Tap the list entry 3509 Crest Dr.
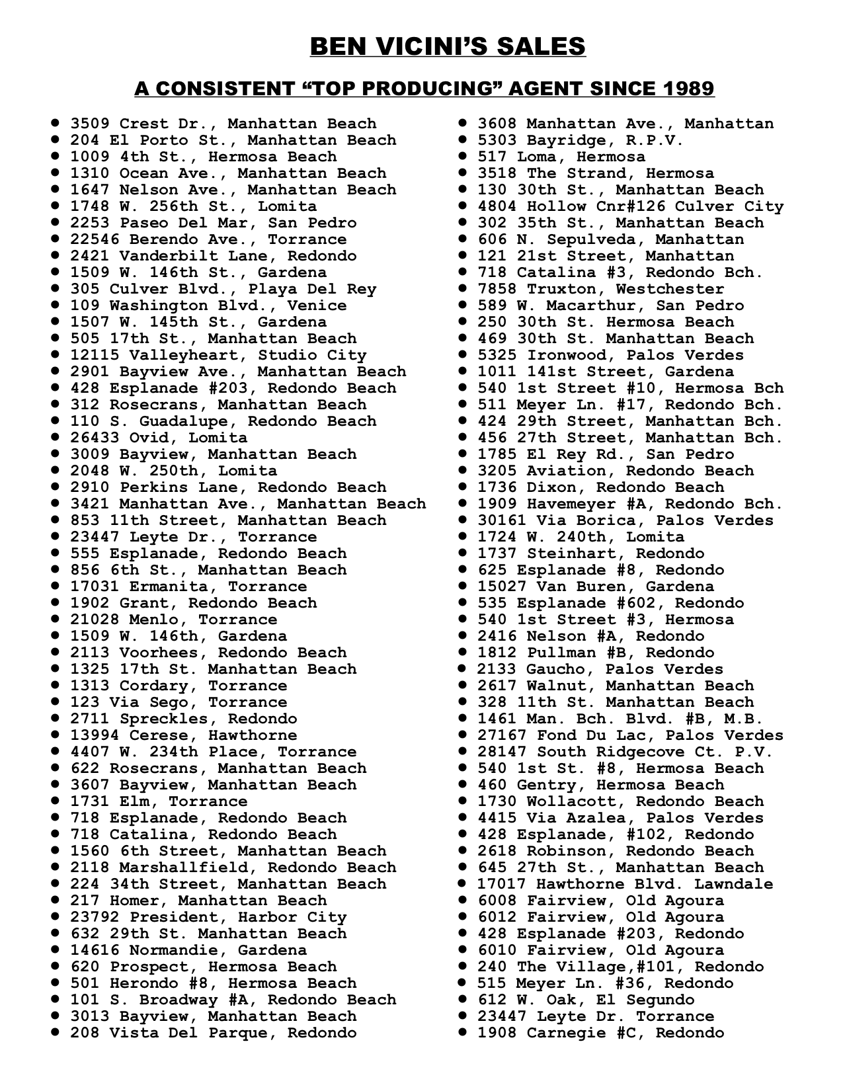(223, 124)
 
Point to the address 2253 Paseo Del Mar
(214, 223)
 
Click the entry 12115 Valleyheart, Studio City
(218, 355)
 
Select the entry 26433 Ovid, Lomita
(159, 438)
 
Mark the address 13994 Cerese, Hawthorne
(184, 735)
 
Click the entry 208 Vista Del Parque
(214, 1033)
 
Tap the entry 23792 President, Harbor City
(208, 917)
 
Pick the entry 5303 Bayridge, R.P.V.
(580, 140)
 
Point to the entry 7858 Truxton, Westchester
(600, 289)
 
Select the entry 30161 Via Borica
(625, 520)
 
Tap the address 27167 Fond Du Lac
(630, 735)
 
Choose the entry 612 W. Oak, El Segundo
(586, 1000)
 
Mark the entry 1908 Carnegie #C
(600, 1033)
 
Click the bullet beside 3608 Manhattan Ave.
(464, 123)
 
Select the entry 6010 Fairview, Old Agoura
(600, 950)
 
